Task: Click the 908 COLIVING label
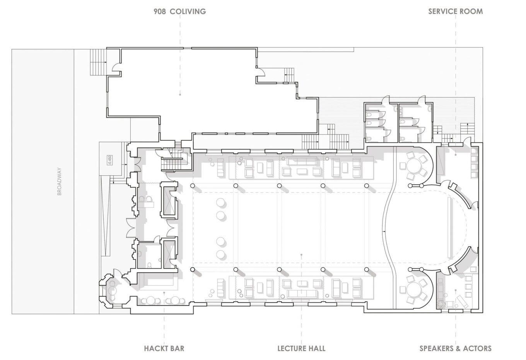pos(180,12)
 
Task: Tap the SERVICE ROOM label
pos(456,12)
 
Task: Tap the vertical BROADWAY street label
pos(60,181)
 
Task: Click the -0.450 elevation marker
pos(110,160)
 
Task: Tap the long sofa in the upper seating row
pos(302,161)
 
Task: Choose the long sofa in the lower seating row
pos(302,293)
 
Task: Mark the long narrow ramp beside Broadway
pos(106,220)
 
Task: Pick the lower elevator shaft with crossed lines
pos(169,254)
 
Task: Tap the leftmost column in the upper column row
pos(192,186)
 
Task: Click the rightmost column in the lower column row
pos(367,270)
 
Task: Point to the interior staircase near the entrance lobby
pos(174,159)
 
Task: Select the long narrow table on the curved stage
pos(450,227)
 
